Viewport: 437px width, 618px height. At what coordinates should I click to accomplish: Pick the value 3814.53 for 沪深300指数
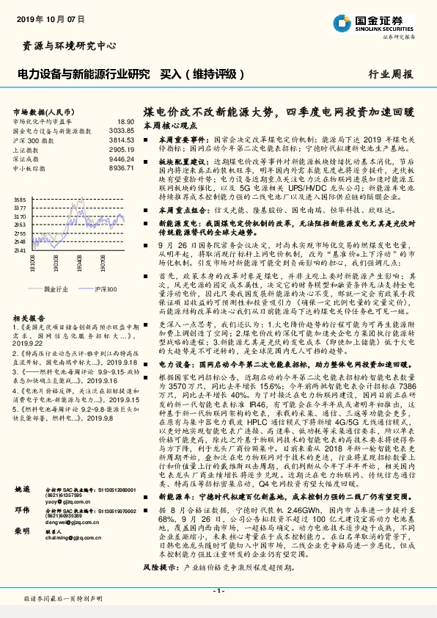121,139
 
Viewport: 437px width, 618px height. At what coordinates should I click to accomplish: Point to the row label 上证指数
26,148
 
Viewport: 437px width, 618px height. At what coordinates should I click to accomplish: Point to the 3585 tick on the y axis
20,200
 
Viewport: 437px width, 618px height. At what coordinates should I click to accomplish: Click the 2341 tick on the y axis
20,250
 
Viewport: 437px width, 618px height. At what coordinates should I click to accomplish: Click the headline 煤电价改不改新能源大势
208,111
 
